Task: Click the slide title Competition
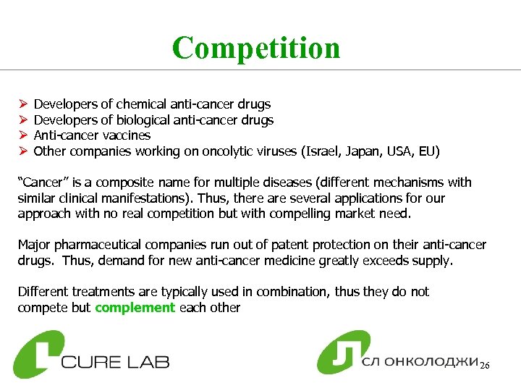click(256, 48)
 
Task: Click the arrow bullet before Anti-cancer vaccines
click(22, 135)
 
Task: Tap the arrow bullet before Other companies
click(22, 151)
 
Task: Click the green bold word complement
click(135, 307)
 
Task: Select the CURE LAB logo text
click(116, 360)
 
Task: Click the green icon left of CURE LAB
click(37, 354)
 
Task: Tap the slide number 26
click(485, 366)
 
